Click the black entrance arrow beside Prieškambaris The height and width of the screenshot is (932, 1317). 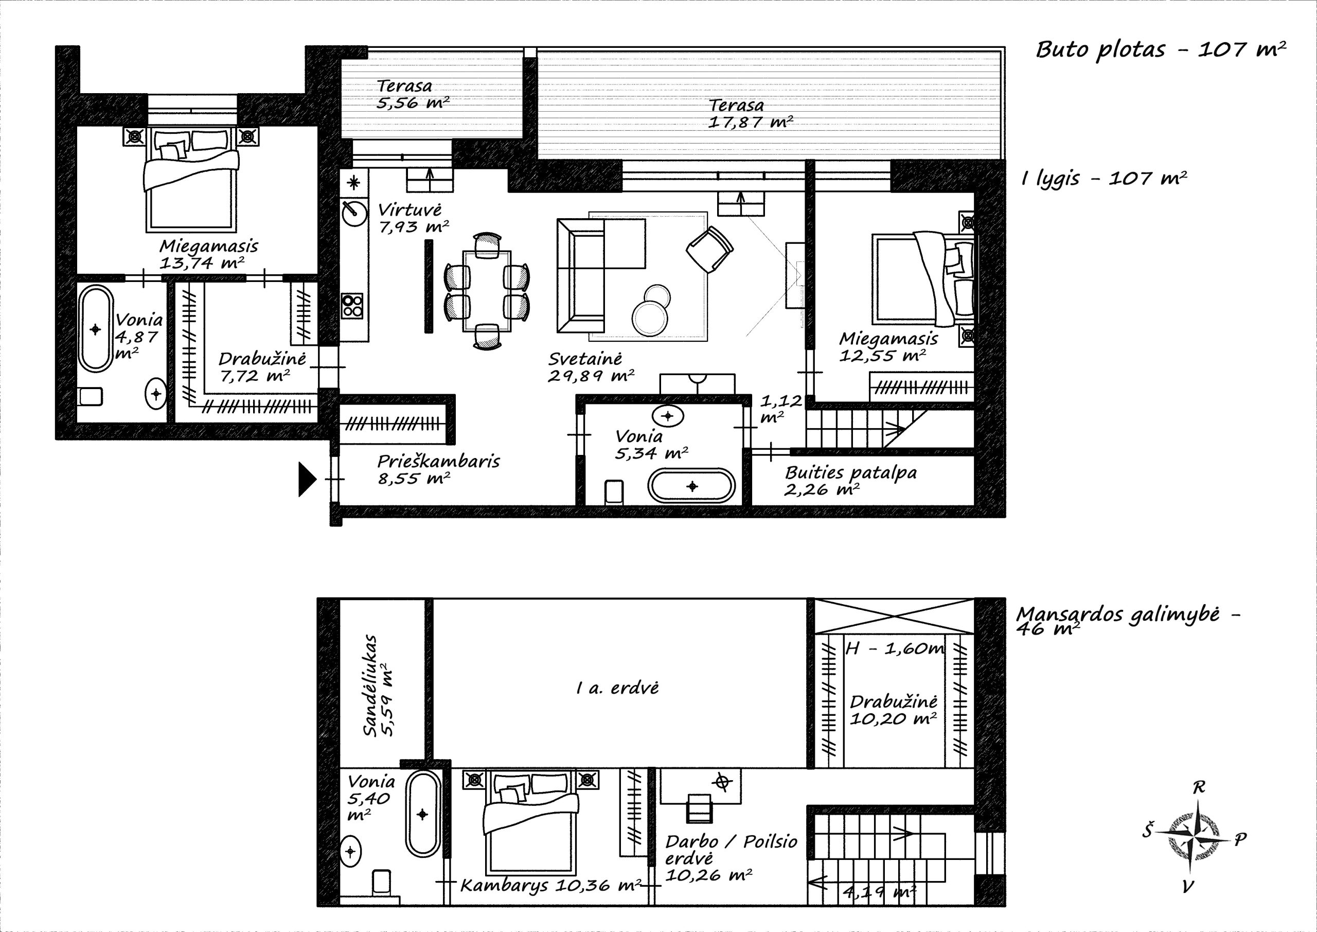pyautogui.click(x=307, y=479)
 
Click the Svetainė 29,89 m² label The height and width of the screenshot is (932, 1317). pyautogui.click(x=591, y=367)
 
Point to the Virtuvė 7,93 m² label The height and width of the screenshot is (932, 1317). pyautogui.click(x=413, y=219)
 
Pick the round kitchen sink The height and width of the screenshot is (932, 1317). pyautogui.click(x=354, y=214)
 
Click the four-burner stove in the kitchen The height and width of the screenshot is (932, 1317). pyautogui.click(x=352, y=305)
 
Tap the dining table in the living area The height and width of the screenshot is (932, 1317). pyautogui.click(x=487, y=291)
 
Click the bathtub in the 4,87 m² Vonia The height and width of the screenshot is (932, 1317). pyautogui.click(x=96, y=329)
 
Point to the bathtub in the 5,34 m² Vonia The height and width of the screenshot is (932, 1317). pyautogui.click(x=691, y=486)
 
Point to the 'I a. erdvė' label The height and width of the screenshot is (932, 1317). pyautogui.click(x=617, y=688)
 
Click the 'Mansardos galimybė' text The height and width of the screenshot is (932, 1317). pyautogui.click(x=1117, y=614)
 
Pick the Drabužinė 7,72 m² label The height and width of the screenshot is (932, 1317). pyautogui.click(x=262, y=367)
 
